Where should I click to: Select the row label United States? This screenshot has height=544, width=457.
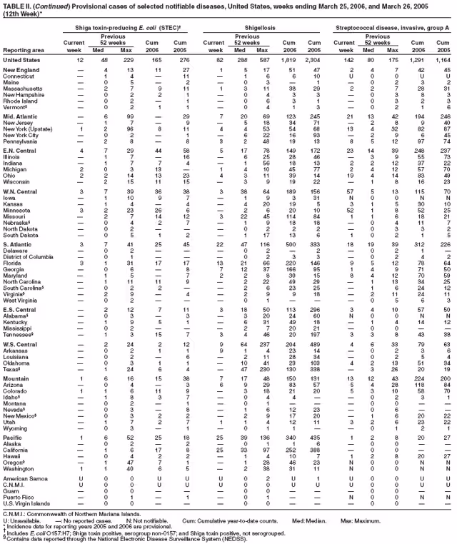(x=21, y=59)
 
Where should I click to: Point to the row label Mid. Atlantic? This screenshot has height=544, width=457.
(x=19, y=116)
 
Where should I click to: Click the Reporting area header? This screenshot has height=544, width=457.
(x=22, y=50)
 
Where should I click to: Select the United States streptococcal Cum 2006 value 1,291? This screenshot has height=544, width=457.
(x=414, y=59)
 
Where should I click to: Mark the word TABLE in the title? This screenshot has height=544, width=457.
(x=14, y=5)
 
